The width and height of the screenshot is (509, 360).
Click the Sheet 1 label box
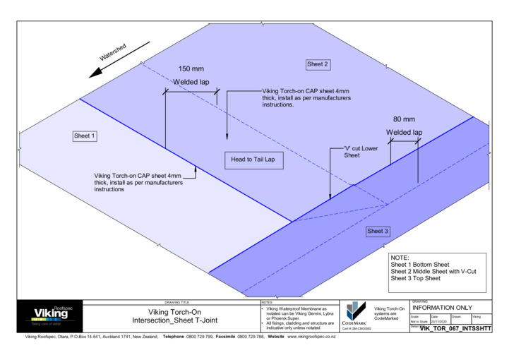pyautogui.click(x=85, y=136)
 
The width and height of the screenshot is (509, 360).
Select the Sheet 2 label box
pyautogui.click(x=318, y=64)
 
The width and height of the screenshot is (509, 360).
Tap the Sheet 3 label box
pyautogui.click(x=377, y=231)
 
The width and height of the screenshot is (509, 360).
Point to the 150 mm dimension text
pyautogui.click(x=191, y=69)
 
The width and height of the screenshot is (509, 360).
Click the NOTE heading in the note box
pyautogui.click(x=400, y=258)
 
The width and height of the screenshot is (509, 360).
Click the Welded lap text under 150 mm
pyautogui.click(x=191, y=83)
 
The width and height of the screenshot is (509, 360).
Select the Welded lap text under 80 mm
pyautogui.click(x=405, y=132)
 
